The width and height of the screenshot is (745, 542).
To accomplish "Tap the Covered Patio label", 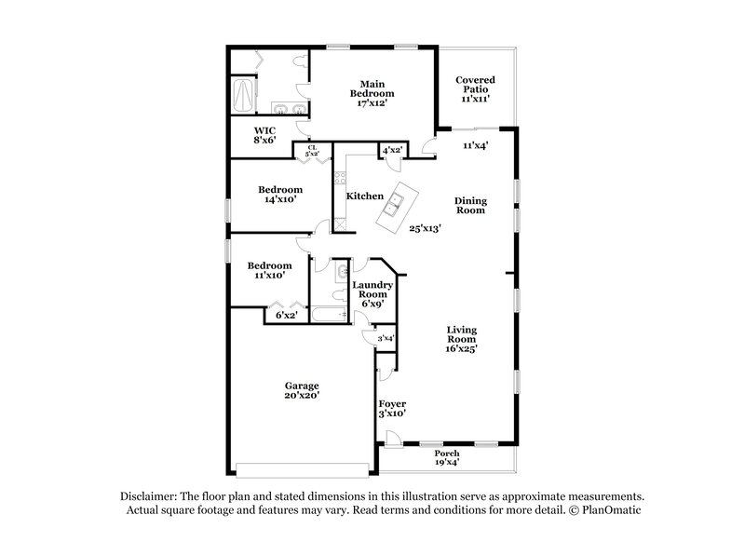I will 475,88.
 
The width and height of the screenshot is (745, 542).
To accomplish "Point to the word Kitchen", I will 365,196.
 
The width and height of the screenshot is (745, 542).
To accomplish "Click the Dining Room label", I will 470,205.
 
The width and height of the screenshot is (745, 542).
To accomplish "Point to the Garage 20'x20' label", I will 302,391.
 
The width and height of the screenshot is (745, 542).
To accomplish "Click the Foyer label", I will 392,409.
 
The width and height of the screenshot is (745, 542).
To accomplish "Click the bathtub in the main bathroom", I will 241,93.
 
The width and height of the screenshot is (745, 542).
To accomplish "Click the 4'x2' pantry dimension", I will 392,150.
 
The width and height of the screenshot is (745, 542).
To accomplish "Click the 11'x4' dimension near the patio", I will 476,145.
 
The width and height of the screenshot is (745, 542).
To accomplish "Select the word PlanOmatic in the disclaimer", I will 611,511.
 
